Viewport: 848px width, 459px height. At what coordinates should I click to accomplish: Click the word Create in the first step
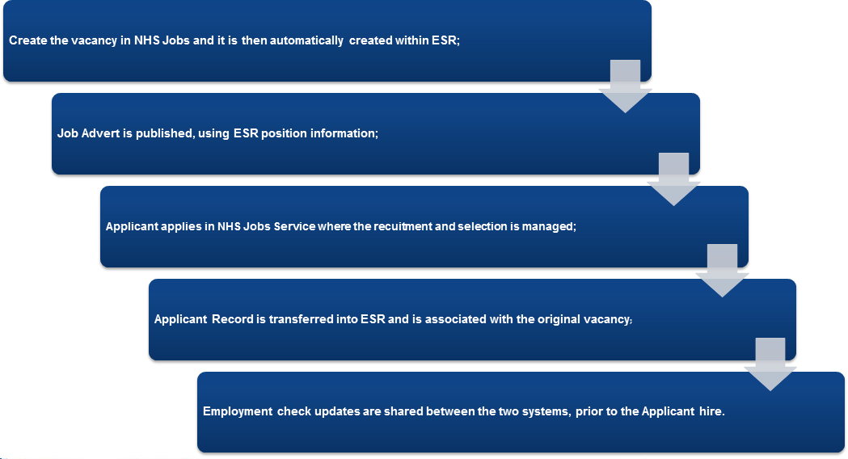coord(28,40)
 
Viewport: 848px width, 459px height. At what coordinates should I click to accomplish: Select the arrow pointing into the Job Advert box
coord(625,86)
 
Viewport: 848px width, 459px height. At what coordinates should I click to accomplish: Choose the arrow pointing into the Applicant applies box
coord(674,179)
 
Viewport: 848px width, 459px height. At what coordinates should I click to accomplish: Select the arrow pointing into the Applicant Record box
coord(722,271)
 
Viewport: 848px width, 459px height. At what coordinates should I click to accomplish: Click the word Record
coord(233,319)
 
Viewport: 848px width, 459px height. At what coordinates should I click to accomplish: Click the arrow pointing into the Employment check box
coord(770,364)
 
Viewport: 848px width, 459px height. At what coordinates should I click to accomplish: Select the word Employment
coord(238,411)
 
